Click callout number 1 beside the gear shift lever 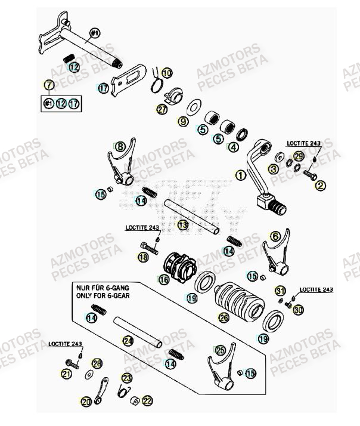pyautogui.click(x=240, y=175)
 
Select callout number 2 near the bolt pyautogui.click(x=321, y=186)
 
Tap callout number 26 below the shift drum pyautogui.click(x=224, y=319)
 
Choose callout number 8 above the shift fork pyautogui.click(x=121, y=146)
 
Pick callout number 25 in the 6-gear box pyautogui.click(x=221, y=350)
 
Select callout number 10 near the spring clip pyautogui.click(x=166, y=73)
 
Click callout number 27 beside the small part pyautogui.click(x=162, y=110)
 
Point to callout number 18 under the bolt pyautogui.click(x=142, y=258)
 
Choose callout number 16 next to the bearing pyautogui.click(x=162, y=280)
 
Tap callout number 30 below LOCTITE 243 pyautogui.click(x=299, y=310)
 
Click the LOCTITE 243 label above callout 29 pyautogui.click(x=303, y=143)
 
